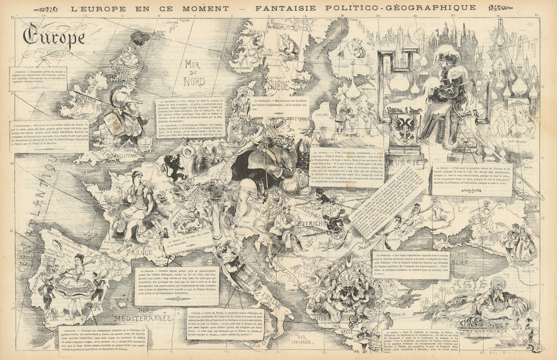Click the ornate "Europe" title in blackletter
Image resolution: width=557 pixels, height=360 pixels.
[54, 36]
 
